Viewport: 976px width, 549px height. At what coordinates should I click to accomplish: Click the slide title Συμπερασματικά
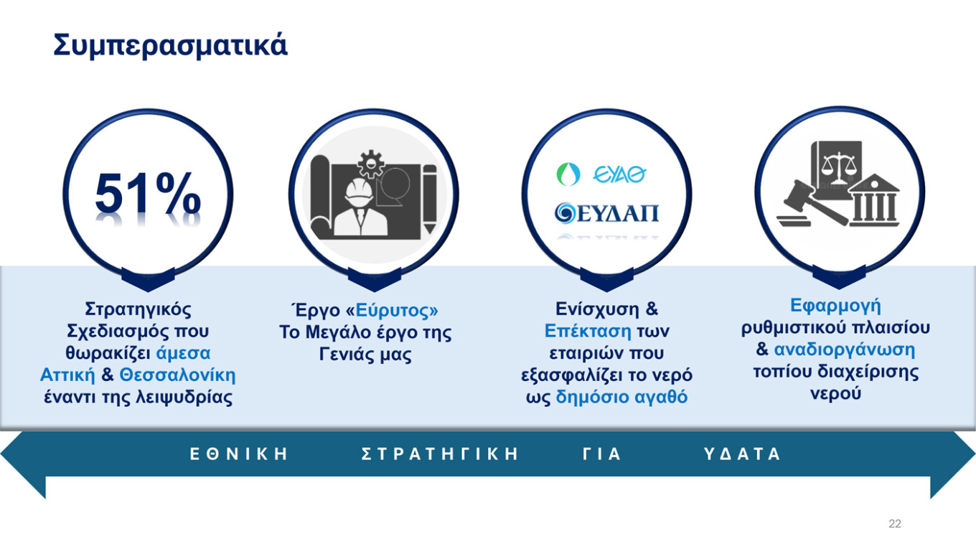click(170, 45)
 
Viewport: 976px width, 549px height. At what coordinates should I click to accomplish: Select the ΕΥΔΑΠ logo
click(606, 213)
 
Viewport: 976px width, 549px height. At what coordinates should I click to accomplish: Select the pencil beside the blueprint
click(429, 198)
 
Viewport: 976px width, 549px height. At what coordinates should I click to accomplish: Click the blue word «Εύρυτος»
click(392, 311)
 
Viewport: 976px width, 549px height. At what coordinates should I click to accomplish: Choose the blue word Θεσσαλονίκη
click(177, 375)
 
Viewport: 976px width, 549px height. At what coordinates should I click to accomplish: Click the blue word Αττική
click(67, 375)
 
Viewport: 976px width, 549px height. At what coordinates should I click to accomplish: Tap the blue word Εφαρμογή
click(835, 306)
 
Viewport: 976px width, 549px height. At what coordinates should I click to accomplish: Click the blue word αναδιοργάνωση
click(845, 350)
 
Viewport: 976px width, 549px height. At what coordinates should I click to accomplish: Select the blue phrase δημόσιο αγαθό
click(621, 398)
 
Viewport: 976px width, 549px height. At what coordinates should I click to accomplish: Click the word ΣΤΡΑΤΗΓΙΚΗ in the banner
click(440, 454)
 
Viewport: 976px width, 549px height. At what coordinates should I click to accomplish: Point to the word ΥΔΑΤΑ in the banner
click(742, 454)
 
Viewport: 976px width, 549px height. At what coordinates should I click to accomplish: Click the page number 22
click(894, 524)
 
